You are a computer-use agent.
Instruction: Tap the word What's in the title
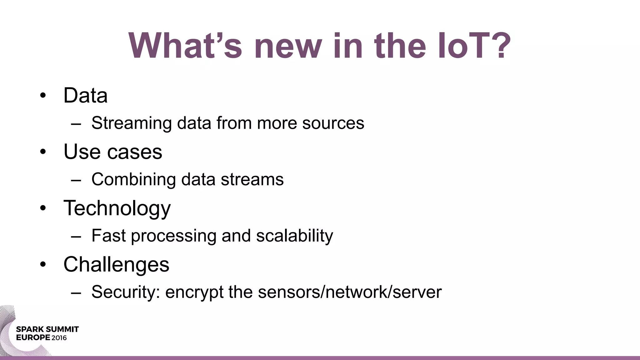(185, 46)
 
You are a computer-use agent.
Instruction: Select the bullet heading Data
(85, 95)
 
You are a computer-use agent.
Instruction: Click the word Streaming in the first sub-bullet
(132, 123)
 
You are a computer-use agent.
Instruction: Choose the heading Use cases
(113, 152)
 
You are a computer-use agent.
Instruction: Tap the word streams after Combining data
(252, 179)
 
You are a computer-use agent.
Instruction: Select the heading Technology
(117, 208)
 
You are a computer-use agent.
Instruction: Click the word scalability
(294, 236)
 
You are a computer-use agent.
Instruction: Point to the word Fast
(108, 236)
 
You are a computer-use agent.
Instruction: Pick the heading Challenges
(116, 265)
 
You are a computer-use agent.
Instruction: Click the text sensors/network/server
(350, 292)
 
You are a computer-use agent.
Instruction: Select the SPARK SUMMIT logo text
(47, 329)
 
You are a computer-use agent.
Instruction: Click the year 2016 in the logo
(59, 338)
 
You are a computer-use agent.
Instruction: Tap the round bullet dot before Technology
(43, 208)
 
